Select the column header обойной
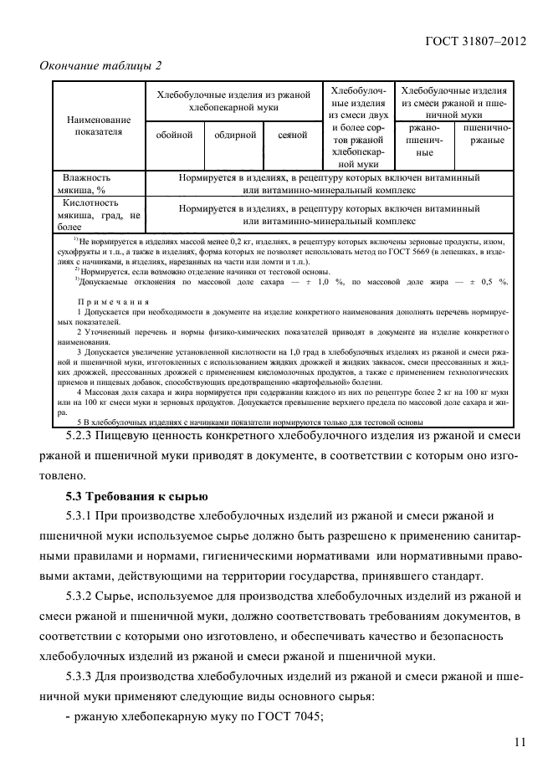pyautogui.click(x=174, y=135)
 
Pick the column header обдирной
pyautogui.click(x=234, y=135)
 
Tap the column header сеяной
pyautogui.click(x=292, y=135)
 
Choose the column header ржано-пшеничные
pyautogui.click(x=424, y=141)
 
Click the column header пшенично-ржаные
pyautogui.click(x=484, y=135)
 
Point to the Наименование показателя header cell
pyautogui.click(x=99, y=125)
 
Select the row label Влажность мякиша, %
pyautogui.click(x=87, y=184)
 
